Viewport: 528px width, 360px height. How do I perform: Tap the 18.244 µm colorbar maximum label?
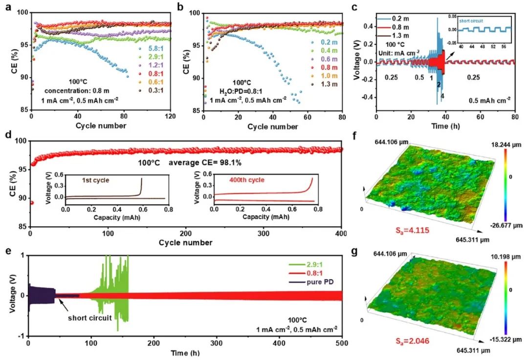point(506,145)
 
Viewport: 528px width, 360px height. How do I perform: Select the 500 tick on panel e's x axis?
point(342,344)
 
